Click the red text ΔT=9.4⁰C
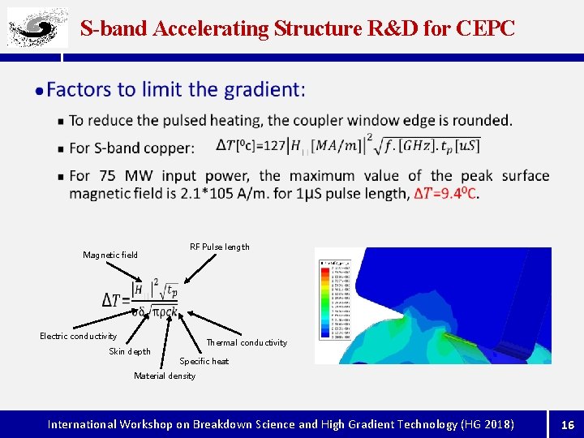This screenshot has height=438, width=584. pyautogui.click(x=446, y=194)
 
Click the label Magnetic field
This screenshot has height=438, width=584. pyautogui.click(x=110, y=255)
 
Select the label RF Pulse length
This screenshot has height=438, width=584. pyautogui.click(x=219, y=247)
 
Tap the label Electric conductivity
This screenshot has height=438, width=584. pyautogui.click(x=79, y=336)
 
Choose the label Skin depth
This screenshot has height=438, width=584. pyautogui.click(x=130, y=351)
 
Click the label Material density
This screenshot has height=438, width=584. pyautogui.click(x=165, y=376)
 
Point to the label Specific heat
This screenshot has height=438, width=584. pyautogui.click(x=204, y=361)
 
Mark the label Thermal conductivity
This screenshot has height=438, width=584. pyautogui.click(x=247, y=342)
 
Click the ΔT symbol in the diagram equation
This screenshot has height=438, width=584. pyautogui.click(x=116, y=299)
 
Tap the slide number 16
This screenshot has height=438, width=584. pyautogui.click(x=567, y=423)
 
